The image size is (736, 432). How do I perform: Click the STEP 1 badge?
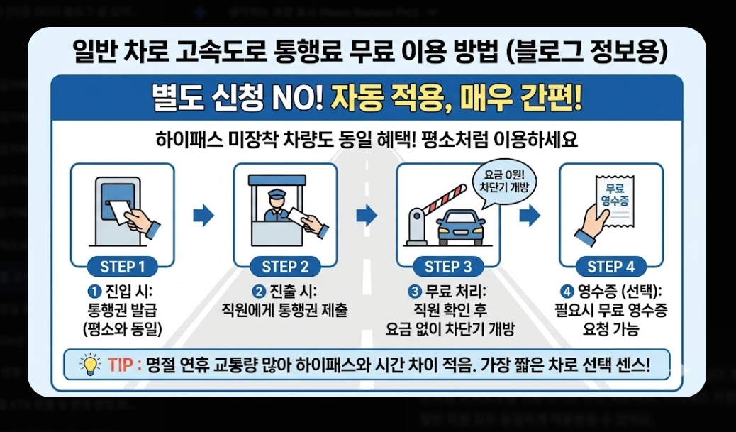click(x=122, y=267)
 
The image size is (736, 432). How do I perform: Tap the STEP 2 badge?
click(x=285, y=267)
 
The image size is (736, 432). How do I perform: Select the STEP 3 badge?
click(x=448, y=267)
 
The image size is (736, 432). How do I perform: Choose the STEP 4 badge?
click(x=610, y=267)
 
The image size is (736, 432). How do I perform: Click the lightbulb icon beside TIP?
click(x=91, y=365)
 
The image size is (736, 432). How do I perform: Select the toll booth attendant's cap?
click(x=274, y=191)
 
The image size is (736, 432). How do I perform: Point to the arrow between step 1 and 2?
click(x=203, y=215)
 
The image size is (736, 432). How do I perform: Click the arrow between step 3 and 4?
click(x=530, y=215)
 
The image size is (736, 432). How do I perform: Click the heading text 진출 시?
click(x=294, y=292)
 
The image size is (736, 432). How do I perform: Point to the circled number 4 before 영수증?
click(x=567, y=292)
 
